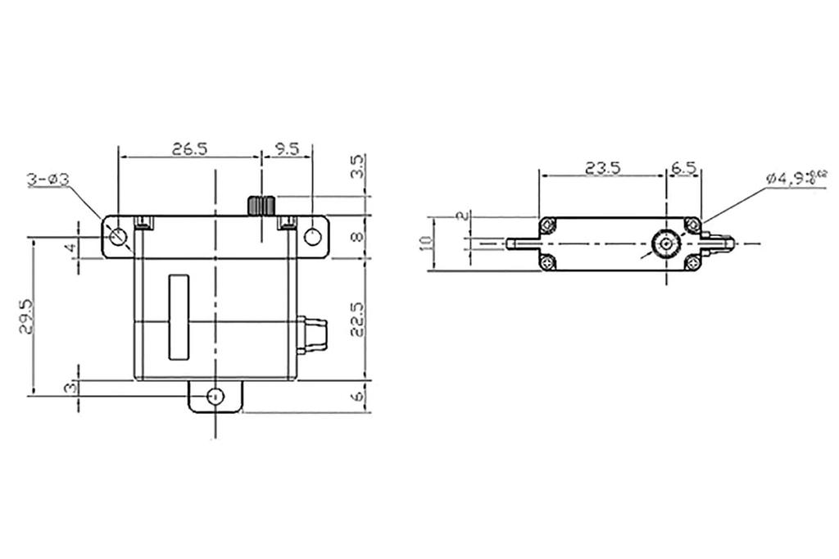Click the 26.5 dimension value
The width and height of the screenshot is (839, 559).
pos(189,148)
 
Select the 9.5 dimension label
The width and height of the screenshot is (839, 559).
pos(286,148)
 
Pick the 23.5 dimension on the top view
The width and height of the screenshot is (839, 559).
pos(602,168)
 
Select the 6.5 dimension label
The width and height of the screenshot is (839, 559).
pos(684,168)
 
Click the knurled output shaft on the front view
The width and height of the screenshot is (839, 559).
pos(261,205)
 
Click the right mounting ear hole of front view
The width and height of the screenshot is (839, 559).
pos(311,237)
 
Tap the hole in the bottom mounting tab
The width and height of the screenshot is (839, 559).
pos(215,396)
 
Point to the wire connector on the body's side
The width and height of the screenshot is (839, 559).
pos(312,334)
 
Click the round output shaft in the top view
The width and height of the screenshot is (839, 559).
pos(667,243)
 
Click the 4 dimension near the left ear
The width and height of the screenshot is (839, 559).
pos(71,247)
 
